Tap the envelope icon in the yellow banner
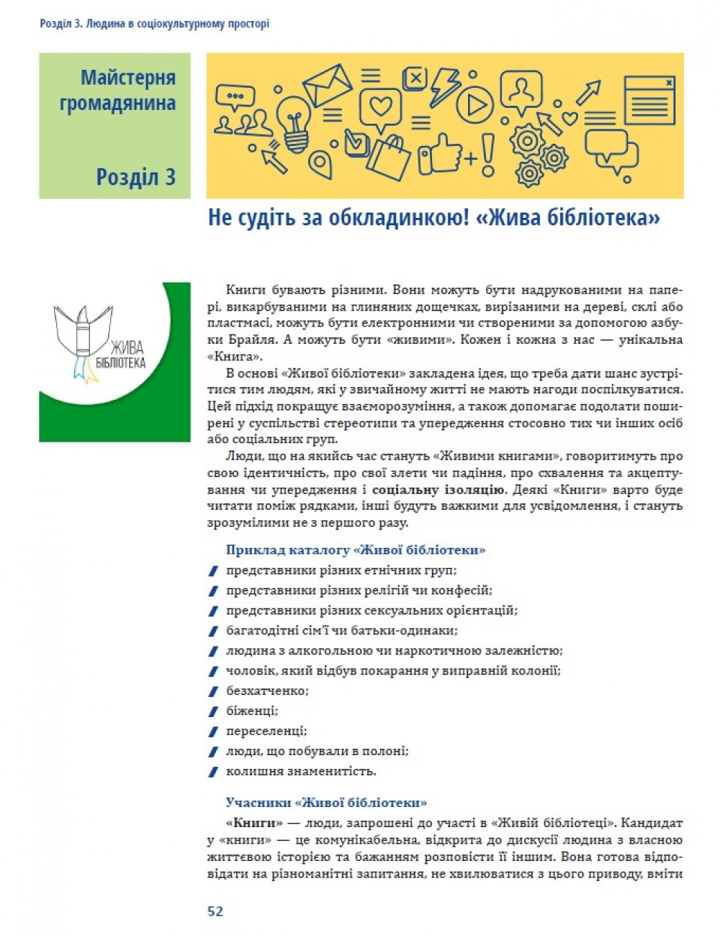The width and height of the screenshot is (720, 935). (x=327, y=83)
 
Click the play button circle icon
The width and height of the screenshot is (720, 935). (x=475, y=105)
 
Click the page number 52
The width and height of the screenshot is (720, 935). (x=215, y=911)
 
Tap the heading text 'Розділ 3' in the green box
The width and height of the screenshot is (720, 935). (x=135, y=176)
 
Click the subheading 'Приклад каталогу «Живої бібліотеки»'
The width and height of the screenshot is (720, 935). (x=355, y=550)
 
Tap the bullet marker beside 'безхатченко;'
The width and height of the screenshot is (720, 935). (x=212, y=691)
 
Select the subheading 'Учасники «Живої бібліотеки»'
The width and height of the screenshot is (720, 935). (x=326, y=802)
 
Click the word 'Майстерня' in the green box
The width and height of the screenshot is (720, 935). (x=128, y=78)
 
